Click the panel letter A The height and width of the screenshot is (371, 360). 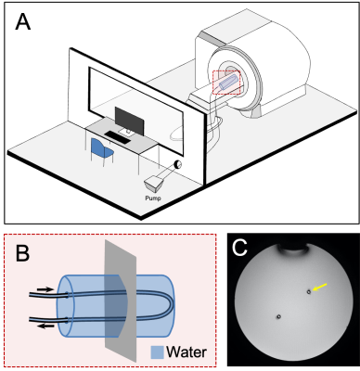(23, 22)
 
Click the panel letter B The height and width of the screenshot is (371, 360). (22, 254)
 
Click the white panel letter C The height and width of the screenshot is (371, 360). (240, 247)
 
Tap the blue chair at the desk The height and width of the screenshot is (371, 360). (102, 150)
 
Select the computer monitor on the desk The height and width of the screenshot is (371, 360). (129, 122)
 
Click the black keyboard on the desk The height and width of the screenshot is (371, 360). (118, 137)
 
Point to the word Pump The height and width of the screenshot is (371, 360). (153, 198)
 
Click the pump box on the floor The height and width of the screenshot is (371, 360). (154, 184)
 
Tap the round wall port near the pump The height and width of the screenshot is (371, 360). (177, 165)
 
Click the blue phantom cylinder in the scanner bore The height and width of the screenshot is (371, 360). (229, 82)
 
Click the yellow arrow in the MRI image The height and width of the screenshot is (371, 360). (319, 288)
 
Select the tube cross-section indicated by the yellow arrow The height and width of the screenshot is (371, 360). (309, 291)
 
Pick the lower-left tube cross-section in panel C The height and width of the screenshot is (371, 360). (278, 316)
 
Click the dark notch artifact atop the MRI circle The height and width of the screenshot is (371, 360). (294, 249)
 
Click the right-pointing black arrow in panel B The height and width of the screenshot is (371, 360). (45, 289)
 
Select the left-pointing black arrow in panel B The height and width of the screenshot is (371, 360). (45, 326)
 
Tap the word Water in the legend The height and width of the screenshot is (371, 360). (186, 352)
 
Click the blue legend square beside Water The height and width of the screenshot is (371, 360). (157, 352)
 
